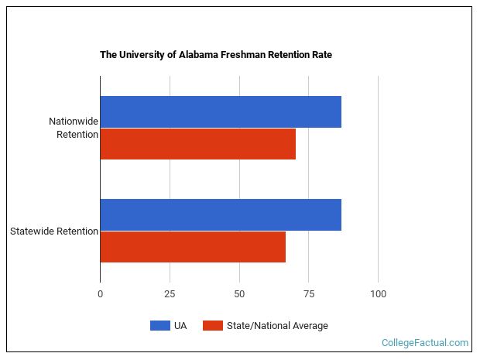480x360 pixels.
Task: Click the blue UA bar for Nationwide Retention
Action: pyautogui.click(x=221, y=112)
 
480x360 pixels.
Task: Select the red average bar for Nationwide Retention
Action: pyautogui.click(x=197, y=144)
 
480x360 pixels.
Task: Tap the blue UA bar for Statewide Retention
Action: pyautogui.click(x=221, y=214)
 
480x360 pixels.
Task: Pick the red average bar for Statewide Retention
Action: pyautogui.click(x=193, y=247)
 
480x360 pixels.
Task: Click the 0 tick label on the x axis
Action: pyautogui.click(x=100, y=294)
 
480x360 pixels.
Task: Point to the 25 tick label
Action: pyautogui.click(x=170, y=294)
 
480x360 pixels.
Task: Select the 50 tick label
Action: pyautogui.click(x=239, y=294)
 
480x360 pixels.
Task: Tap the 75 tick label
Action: pyautogui.click(x=308, y=294)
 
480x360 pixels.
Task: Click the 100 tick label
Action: pyautogui.click(x=378, y=294)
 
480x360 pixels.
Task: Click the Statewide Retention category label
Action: pyautogui.click(x=54, y=231)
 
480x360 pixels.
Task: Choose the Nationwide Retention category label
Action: pyautogui.click(x=74, y=128)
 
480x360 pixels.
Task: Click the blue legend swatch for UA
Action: pyautogui.click(x=159, y=326)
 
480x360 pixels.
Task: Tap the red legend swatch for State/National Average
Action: pyautogui.click(x=213, y=326)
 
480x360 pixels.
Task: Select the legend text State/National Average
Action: pyautogui.click(x=277, y=326)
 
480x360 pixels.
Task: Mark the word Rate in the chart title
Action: pyautogui.click(x=321, y=56)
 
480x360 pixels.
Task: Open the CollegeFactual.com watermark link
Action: pyautogui.click(x=425, y=342)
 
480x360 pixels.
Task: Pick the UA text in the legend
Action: pyautogui.click(x=180, y=326)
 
